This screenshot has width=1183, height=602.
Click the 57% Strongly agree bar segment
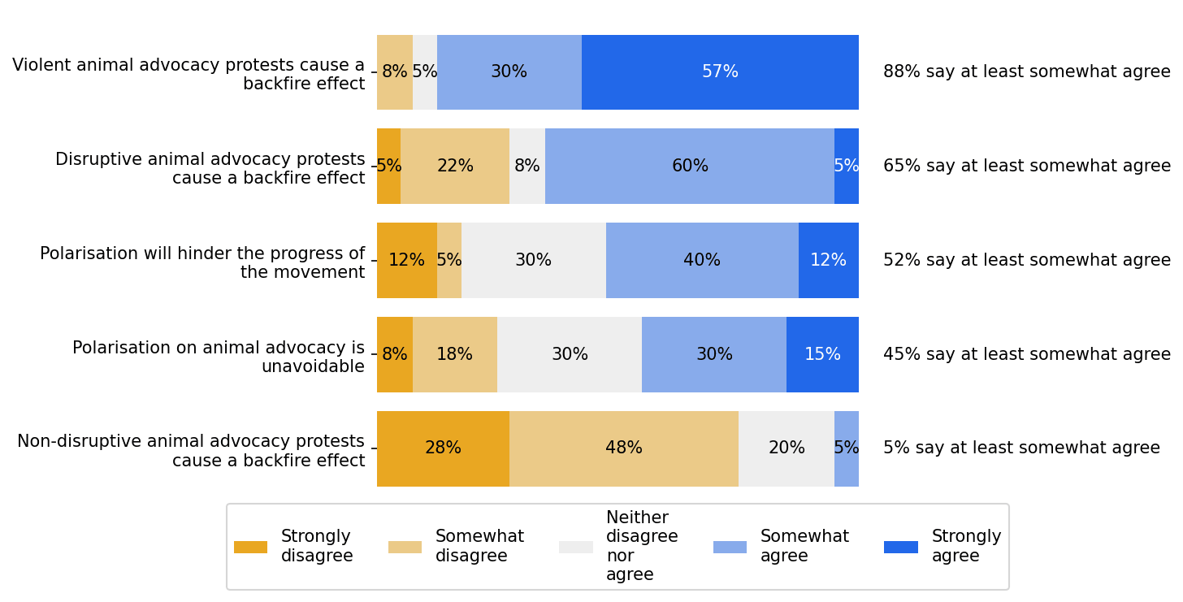click(720, 72)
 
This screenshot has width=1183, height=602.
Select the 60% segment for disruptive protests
click(690, 167)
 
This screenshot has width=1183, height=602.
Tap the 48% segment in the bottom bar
click(623, 448)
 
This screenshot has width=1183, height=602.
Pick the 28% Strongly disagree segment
click(443, 448)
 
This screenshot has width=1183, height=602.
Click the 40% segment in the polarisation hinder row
click(702, 261)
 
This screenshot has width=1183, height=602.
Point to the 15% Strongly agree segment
click(822, 355)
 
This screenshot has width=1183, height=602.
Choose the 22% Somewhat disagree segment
click(455, 167)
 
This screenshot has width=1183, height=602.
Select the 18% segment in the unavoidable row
click(455, 355)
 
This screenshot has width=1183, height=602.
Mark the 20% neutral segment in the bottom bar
click(786, 448)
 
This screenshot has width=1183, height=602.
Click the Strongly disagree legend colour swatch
click(250, 548)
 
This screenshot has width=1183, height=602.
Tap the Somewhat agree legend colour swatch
click(730, 548)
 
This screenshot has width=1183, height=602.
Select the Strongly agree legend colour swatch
click(900, 548)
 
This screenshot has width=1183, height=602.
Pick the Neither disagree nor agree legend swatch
click(575, 548)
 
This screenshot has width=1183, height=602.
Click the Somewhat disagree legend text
click(479, 547)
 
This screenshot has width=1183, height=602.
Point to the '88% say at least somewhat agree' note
click(1026, 72)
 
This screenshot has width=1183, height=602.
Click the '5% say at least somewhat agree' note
click(1021, 448)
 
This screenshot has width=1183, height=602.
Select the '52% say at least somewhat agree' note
click(1026, 261)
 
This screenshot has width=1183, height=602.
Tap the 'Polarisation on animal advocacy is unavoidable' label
click(219, 357)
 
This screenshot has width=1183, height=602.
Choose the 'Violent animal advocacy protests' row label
click(188, 75)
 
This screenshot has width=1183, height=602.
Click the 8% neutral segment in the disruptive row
click(527, 167)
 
